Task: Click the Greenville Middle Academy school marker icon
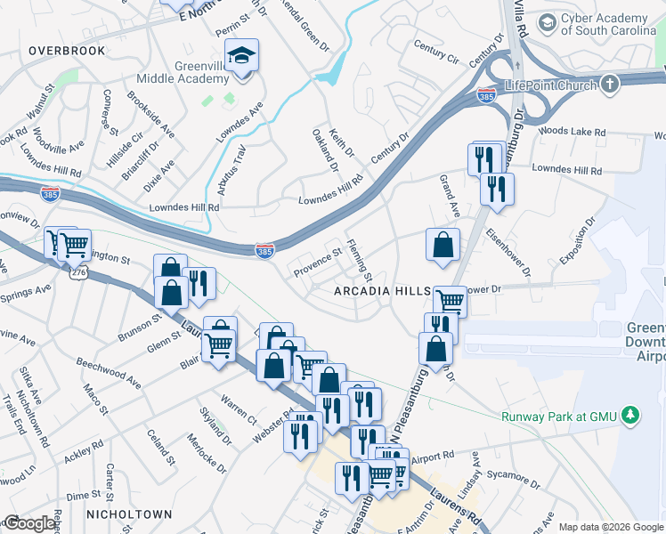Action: click(x=240, y=56)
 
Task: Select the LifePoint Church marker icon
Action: click(x=609, y=85)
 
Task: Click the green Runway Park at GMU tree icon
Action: click(x=631, y=415)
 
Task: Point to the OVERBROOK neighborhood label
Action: click(x=67, y=51)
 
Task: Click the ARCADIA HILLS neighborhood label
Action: click(x=382, y=292)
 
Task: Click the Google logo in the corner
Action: click(x=29, y=523)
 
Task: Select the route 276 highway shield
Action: click(x=78, y=274)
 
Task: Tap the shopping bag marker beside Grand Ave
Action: click(x=443, y=244)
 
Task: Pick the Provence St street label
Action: click(x=318, y=262)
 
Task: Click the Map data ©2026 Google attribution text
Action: click(x=611, y=526)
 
